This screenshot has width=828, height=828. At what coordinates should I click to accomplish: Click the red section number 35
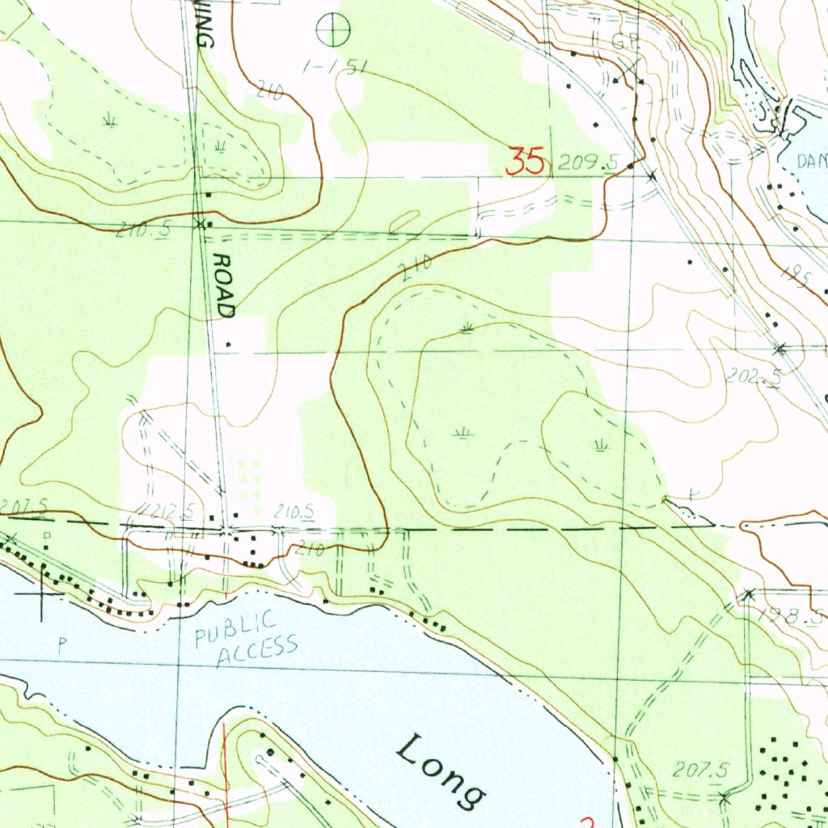click(x=525, y=162)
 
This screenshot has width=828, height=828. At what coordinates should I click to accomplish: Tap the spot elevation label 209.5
click(x=599, y=163)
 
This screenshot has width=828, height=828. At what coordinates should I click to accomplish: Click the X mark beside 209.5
click(x=652, y=174)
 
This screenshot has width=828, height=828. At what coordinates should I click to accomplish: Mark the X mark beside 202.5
click(x=780, y=349)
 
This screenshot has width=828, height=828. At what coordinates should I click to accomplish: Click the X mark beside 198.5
click(x=748, y=595)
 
